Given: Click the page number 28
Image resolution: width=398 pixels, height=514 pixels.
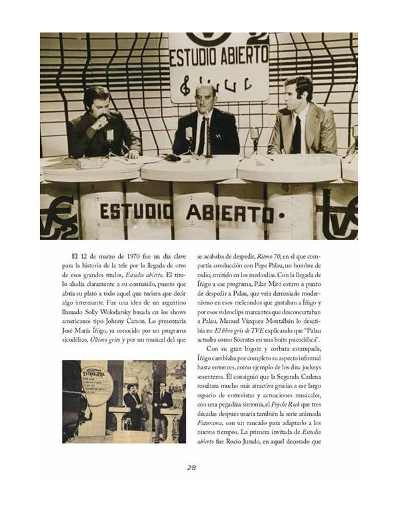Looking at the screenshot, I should (191, 467).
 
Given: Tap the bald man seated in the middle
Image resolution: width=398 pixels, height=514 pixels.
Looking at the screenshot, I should (206, 123).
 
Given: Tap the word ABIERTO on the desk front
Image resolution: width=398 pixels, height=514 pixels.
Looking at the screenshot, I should (229, 213).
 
